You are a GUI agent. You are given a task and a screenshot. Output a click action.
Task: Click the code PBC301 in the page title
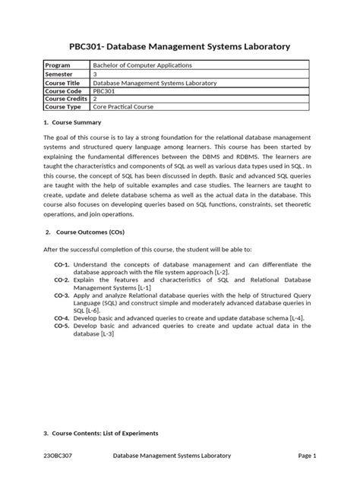(89, 47)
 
